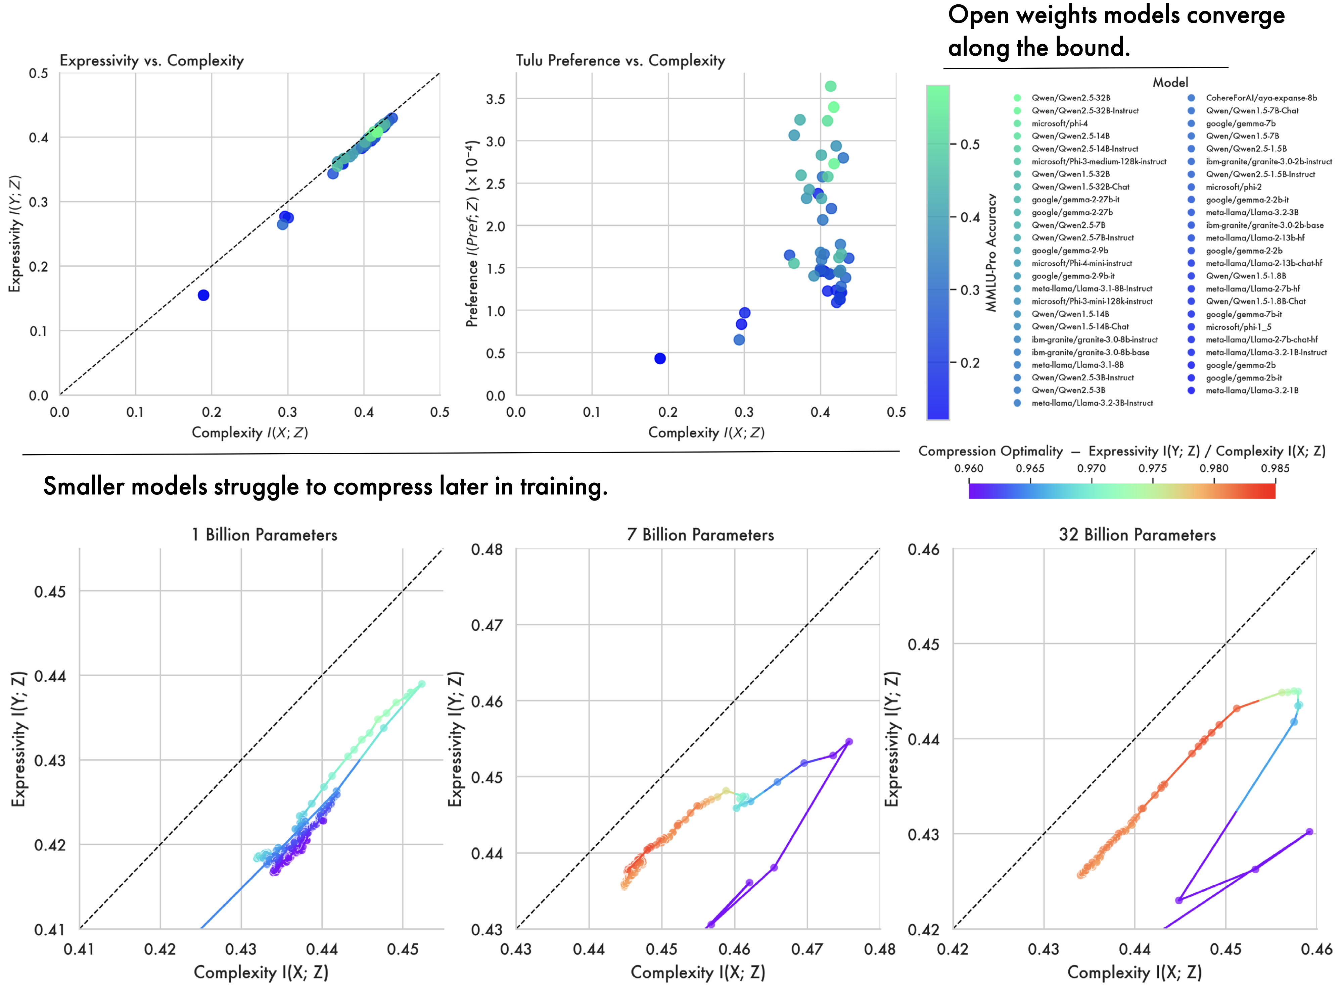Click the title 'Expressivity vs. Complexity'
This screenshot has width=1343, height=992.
coord(151,61)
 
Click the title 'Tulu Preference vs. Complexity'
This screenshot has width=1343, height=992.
coord(620,61)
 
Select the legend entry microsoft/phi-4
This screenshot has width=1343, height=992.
coord(1059,123)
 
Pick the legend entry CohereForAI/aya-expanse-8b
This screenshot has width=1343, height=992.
coord(1261,98)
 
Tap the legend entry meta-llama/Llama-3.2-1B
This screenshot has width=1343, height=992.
coord(1252,390)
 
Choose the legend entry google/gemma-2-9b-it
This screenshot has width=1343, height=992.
coord(1073,276)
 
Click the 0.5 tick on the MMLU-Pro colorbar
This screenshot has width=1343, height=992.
coord(969,145)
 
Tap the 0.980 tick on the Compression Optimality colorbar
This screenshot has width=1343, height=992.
coord(1214,468)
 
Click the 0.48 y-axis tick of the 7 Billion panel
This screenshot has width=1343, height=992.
coord(487,550)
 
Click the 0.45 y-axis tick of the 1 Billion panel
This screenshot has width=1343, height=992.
coord(50,591)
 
